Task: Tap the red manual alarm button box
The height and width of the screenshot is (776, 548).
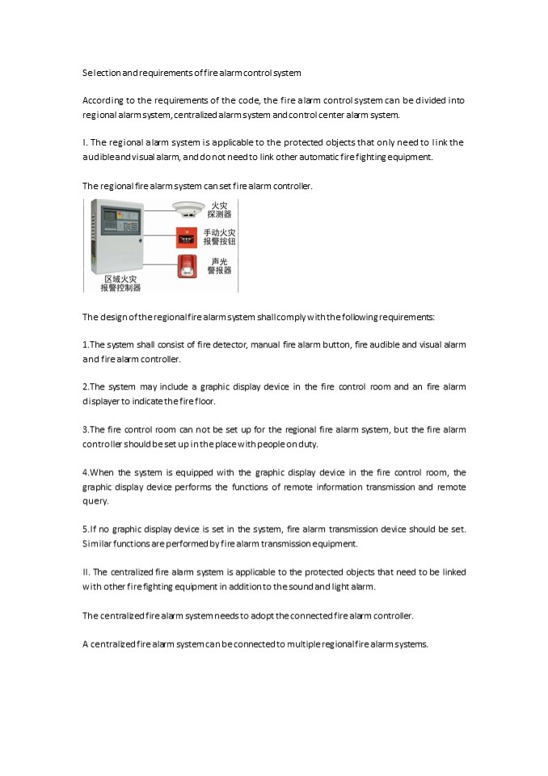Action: coord(187,238)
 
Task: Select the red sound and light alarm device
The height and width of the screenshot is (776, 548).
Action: coord(187,267)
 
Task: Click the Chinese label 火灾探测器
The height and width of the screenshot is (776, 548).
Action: coord(219,210)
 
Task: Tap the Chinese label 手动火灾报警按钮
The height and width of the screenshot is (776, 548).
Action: coord(219,237)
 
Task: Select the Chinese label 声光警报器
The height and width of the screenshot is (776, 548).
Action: coord(219,266)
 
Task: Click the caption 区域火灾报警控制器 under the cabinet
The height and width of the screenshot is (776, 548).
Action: coord(120,283)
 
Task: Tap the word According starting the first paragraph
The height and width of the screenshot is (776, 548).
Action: coord(101,100)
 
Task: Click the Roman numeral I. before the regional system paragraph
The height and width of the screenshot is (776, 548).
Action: coord(85,142)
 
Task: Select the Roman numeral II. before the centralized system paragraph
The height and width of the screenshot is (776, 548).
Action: coord(86,572)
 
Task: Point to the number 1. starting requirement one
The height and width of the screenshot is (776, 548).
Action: coord(86,344)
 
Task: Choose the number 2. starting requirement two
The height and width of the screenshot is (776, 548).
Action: coord(86,387)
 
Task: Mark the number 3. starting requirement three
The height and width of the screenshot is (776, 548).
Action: coord(86,429)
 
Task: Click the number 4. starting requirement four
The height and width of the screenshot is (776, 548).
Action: coord(86,472)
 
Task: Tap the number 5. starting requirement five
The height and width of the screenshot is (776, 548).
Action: coord(86,529)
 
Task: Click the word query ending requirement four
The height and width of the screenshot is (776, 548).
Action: coord(95,501)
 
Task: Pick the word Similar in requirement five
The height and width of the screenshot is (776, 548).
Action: coord(98,544)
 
